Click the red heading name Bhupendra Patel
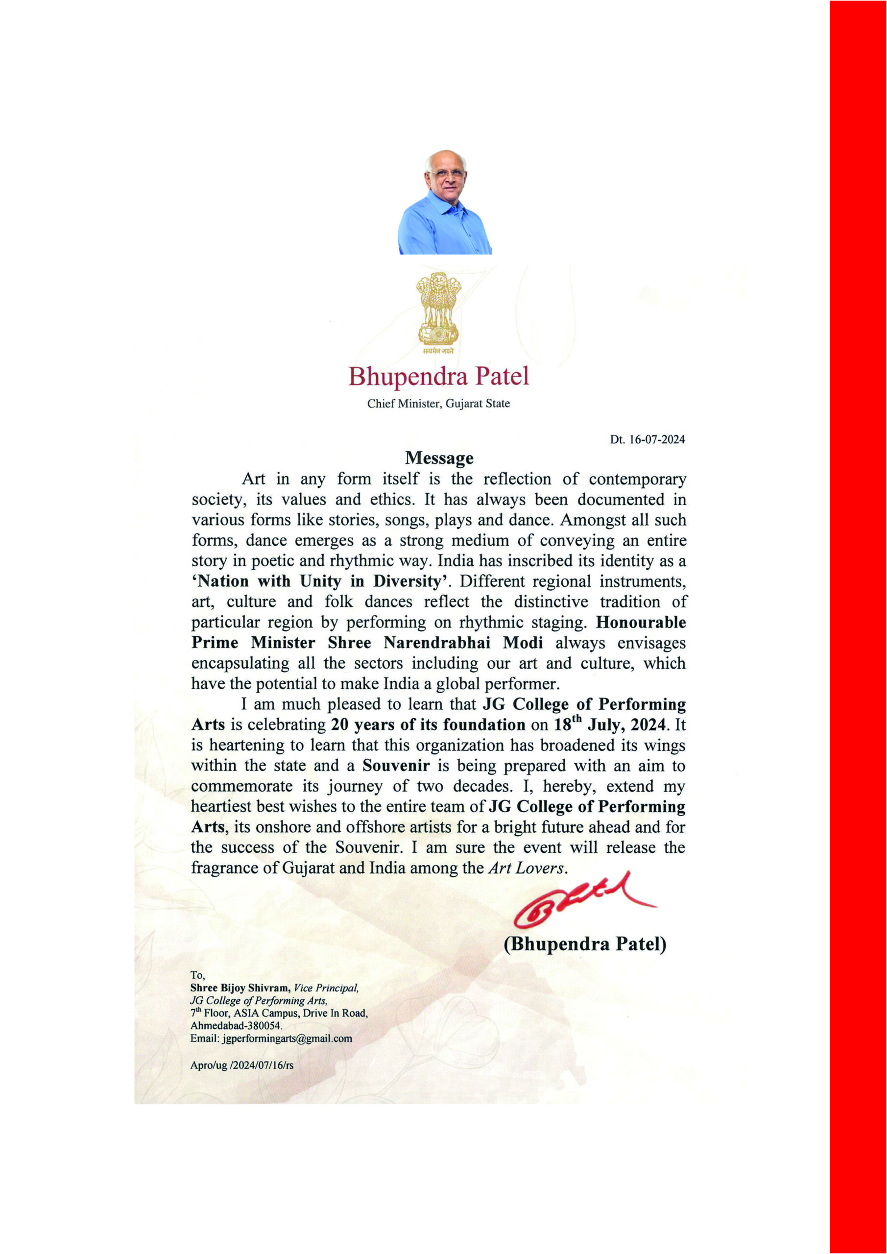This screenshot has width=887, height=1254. click(x=438, y=376)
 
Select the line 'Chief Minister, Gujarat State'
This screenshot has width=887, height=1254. click(x=438, y=404)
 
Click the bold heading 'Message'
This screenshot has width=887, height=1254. click(x=439, y=458)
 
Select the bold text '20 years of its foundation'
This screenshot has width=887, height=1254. click(x=428, y=725)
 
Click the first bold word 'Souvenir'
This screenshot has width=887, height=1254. click(x=396, y=765)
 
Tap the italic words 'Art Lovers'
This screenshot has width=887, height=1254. click(x=525, y=868)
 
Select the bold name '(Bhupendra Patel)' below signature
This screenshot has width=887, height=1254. click(x=585, y=944)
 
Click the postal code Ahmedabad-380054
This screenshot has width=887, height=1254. click(x=236, y=1026)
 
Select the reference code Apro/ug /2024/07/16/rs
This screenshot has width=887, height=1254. click(x=241, y=1065)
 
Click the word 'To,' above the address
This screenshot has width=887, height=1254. click(x=197, y=975)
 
